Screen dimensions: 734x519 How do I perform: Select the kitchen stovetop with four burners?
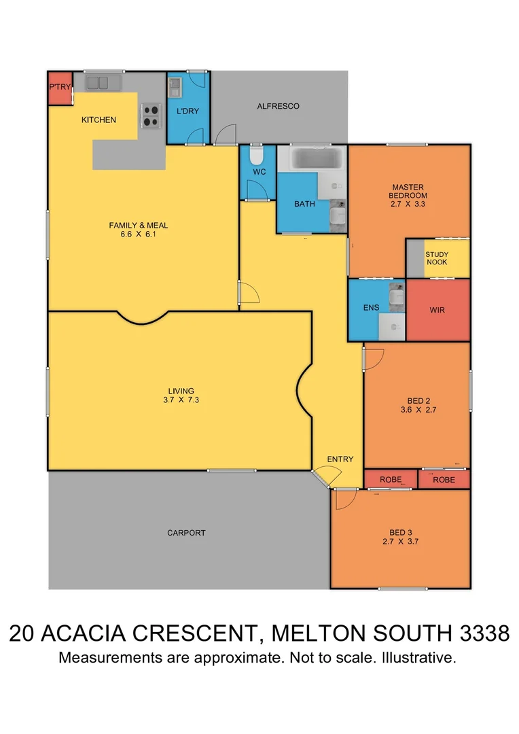click(x=150, y=116)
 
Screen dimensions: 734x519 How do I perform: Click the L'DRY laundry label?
click(x=187, y=111)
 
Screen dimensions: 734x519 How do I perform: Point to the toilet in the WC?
click(x=256, y=157)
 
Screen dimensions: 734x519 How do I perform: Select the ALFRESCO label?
click(x=278, y=106)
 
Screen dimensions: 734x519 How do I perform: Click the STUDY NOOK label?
click(x=437, y=258)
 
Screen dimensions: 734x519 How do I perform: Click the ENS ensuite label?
click(x=371, y=308)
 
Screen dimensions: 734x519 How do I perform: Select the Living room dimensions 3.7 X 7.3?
click(x=181, y=400)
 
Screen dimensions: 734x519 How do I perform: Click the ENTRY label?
click(x=340, y=459)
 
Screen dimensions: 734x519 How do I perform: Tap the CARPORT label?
click(x=186, y=533)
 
